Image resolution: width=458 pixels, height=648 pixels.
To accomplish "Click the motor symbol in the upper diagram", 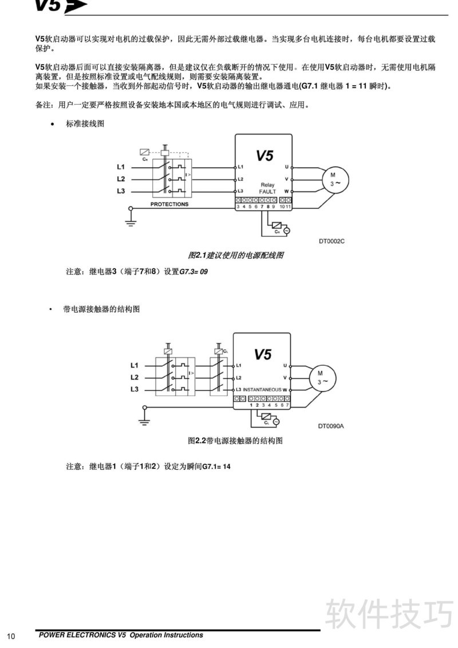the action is [335, 179].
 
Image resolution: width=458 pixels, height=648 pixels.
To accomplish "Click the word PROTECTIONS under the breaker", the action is [169, 204].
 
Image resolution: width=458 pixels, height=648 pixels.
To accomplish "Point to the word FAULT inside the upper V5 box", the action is [267, 191].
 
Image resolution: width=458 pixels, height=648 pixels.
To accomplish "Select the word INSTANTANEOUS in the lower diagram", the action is [262, 390].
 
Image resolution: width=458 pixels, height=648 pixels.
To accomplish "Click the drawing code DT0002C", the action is [331, 242].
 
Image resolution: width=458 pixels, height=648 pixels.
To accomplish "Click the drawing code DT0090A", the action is [331, 426].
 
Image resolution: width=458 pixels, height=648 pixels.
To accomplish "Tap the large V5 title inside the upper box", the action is [264, 155].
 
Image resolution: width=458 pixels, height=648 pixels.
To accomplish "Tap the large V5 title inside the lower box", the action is [263, 354].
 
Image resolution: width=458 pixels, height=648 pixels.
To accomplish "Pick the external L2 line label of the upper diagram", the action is [121, 179].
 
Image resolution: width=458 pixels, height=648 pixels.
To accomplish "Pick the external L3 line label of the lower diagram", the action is [135, 389].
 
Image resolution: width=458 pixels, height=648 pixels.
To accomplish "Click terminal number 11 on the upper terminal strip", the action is [288, 206].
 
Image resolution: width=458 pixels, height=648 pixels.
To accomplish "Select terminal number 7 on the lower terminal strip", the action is [287, 405].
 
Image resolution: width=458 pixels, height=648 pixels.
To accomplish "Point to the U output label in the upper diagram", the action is [286, 167].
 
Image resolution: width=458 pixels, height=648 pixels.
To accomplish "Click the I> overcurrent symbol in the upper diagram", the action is [188, 175].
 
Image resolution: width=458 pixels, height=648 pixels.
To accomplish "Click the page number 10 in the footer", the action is [11, 637].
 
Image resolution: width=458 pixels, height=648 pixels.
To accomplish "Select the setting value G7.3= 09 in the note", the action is [194, 271].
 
